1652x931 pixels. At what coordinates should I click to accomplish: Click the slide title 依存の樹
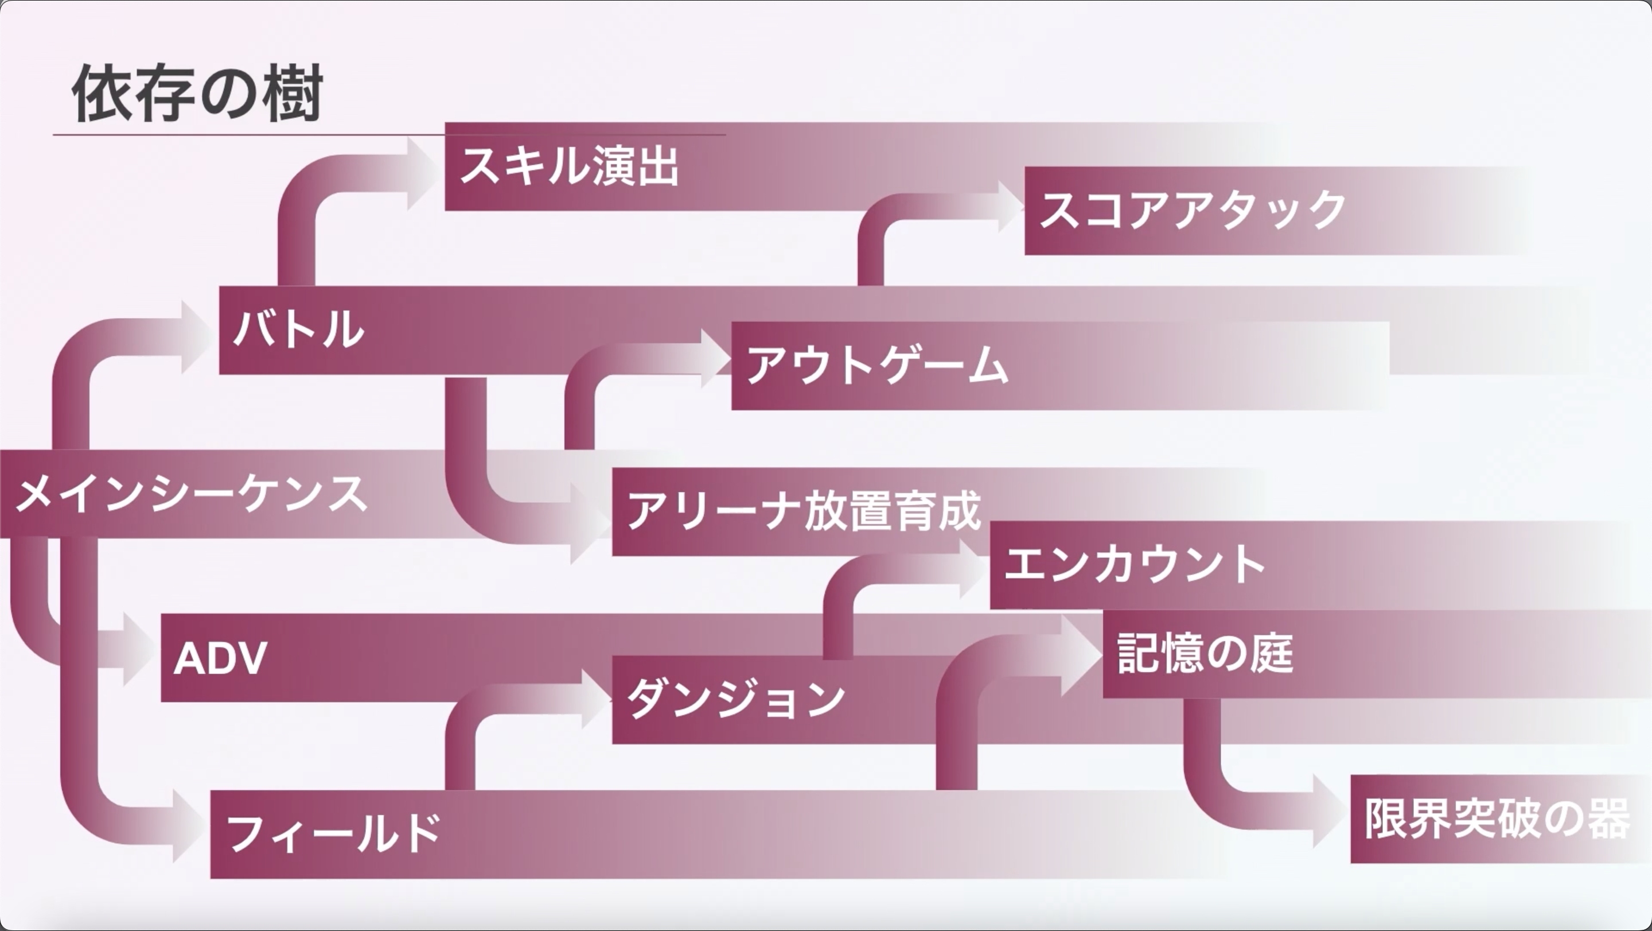tap(196, 94)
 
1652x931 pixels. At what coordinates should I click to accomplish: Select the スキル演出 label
tap(569, 167)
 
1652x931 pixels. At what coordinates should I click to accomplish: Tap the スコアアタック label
tap(1191, 211)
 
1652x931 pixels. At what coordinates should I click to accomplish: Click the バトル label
tap(299, 330)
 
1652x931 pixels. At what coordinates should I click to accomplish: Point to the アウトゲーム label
tap(876, 366)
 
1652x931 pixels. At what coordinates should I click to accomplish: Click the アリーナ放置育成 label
tap(804, 511)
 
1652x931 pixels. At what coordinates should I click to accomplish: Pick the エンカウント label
tap(1134, 565)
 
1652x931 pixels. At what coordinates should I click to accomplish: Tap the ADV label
tap(220, 658)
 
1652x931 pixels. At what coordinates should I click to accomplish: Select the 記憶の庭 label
tap(1205, 654)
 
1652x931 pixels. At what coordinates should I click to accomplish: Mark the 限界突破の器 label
tap(1497, 818)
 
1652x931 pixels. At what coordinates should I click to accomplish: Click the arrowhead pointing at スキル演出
tap(423, 173)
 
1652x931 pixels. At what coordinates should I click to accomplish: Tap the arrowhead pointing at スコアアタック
tap(1010, 207)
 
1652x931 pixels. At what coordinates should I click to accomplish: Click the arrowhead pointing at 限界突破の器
tap(1329, 811)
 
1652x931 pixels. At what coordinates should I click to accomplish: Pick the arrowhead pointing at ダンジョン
tap(595, 699)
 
